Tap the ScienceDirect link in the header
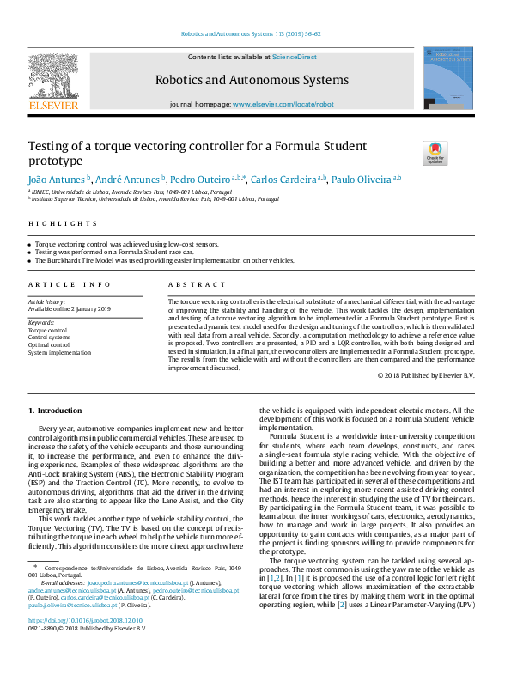coord(295,57)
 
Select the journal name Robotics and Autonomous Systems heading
coord(252,80)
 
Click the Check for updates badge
coord(435,152)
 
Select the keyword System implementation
coord(59,352)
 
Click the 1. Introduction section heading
coord(56,411)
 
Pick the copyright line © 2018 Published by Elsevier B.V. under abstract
coord(425,375)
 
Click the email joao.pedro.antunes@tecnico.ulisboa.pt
coord(137,583)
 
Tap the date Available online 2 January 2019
coord(70,309)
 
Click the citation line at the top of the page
coord(251,34)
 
